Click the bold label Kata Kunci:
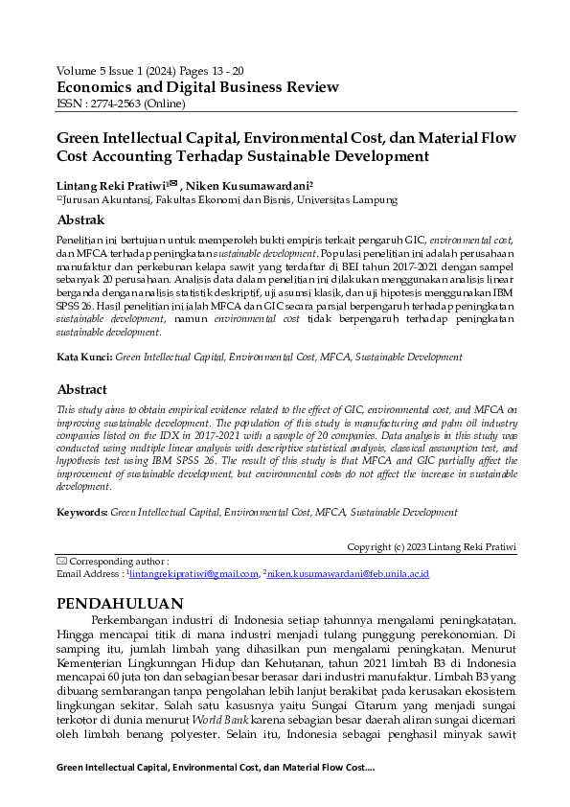click(x=84, y=357)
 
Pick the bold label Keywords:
click(x=82, y=513)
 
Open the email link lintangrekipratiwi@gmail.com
click(x=194, y=574)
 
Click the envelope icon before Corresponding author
click(x=62, y=561)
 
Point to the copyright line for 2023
click(x=431, y=547)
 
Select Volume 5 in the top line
click(x=80, y=71)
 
